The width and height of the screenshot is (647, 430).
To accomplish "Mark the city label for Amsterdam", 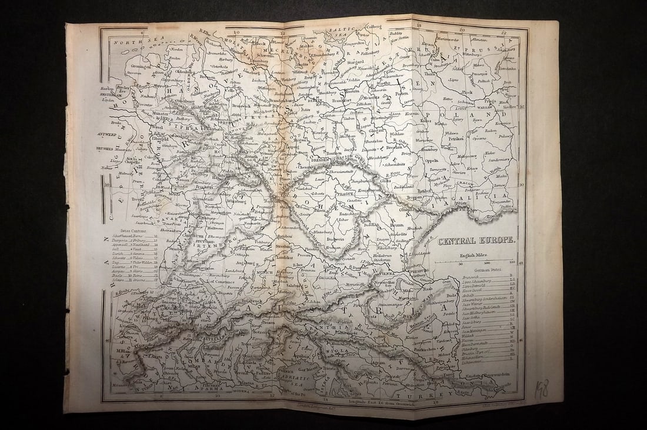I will pos(111,94).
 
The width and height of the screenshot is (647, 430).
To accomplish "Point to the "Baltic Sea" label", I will pos(339,29).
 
